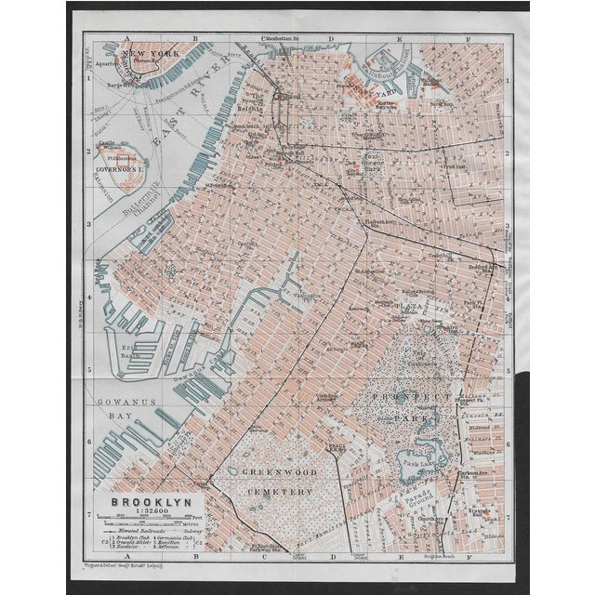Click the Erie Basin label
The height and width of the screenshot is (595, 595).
(x=130, y=354)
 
